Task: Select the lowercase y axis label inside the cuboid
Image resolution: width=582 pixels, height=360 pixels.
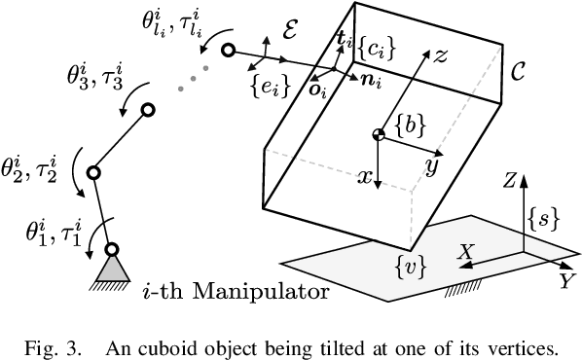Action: (x=428, y=166)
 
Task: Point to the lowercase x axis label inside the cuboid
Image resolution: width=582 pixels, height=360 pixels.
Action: (x=364, y=177)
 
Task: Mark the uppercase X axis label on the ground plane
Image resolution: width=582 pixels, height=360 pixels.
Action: (x=465, y=251)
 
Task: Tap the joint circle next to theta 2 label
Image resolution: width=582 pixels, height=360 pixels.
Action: (x=94, y=173)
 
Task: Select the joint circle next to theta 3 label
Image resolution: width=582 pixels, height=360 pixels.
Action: (x=149, y=112)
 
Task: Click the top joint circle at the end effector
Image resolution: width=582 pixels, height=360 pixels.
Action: (x=229, y=51)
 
